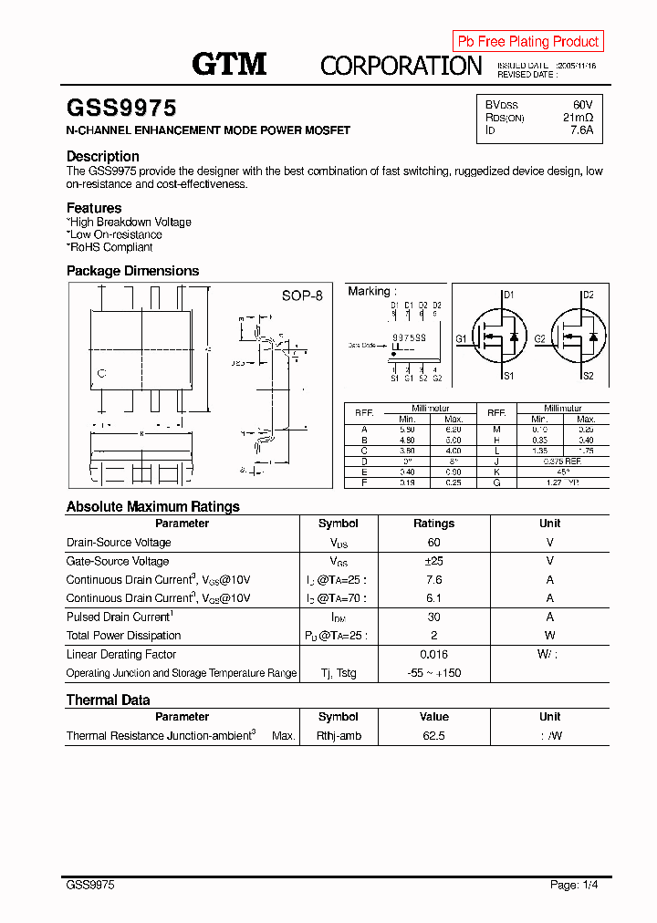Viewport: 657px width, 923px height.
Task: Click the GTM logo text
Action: (x=229, y=64)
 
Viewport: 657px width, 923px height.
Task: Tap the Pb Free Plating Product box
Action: (x=527, y=41)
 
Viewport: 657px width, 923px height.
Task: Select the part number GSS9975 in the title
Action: (x=121, y=109)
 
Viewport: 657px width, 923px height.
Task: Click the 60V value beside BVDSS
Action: (x=582, y=105)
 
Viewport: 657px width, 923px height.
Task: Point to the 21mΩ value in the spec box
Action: (x=578, y=118)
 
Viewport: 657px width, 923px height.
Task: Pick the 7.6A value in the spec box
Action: (x=581, y=130)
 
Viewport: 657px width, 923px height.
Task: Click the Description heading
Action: (x=103, y=156)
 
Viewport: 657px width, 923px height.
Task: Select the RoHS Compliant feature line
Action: (x=110, y=247)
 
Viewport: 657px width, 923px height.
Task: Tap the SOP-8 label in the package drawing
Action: (x=302, y=296)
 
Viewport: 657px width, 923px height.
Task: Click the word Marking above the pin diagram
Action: (x=370, y=291)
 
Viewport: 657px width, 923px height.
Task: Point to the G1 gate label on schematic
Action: (x=462, y=339)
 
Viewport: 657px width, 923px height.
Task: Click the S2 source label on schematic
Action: (x=588, y=376)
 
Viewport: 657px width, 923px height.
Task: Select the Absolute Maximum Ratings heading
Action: (x=153, y=506)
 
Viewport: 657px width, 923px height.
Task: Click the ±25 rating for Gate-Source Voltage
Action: (x=433, y=561)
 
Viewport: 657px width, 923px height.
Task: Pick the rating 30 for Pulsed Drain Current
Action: (x=433, y=617)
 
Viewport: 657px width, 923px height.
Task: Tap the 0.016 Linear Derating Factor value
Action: (x=433, y=654)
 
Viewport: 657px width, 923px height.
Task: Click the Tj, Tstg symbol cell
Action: (x=338, y=673)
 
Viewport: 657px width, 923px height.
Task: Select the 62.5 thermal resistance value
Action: (x=433, y=735)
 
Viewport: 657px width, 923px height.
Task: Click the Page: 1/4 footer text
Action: (x=574, y=885)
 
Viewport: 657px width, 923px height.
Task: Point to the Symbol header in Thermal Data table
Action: (x=338, y=717)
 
